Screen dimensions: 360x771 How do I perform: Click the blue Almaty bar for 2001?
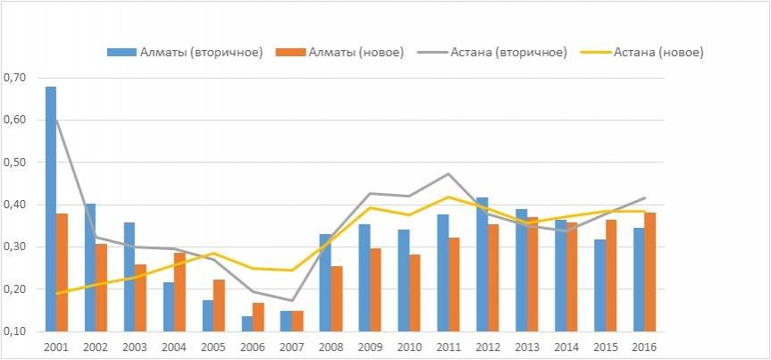tap(51, 209)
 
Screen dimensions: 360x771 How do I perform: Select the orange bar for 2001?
tap(63, 272)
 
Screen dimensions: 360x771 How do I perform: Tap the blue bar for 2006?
tap(247, 323)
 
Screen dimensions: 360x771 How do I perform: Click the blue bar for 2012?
tap(482, 264)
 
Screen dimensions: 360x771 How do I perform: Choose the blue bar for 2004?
tap(169, 306)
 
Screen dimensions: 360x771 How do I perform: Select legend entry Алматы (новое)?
tap(349, 52)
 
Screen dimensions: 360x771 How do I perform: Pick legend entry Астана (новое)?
tap(658, 52)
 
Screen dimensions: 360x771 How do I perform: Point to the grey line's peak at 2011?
tap(448, 173)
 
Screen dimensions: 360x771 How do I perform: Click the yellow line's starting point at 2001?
tap(57, 293)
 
